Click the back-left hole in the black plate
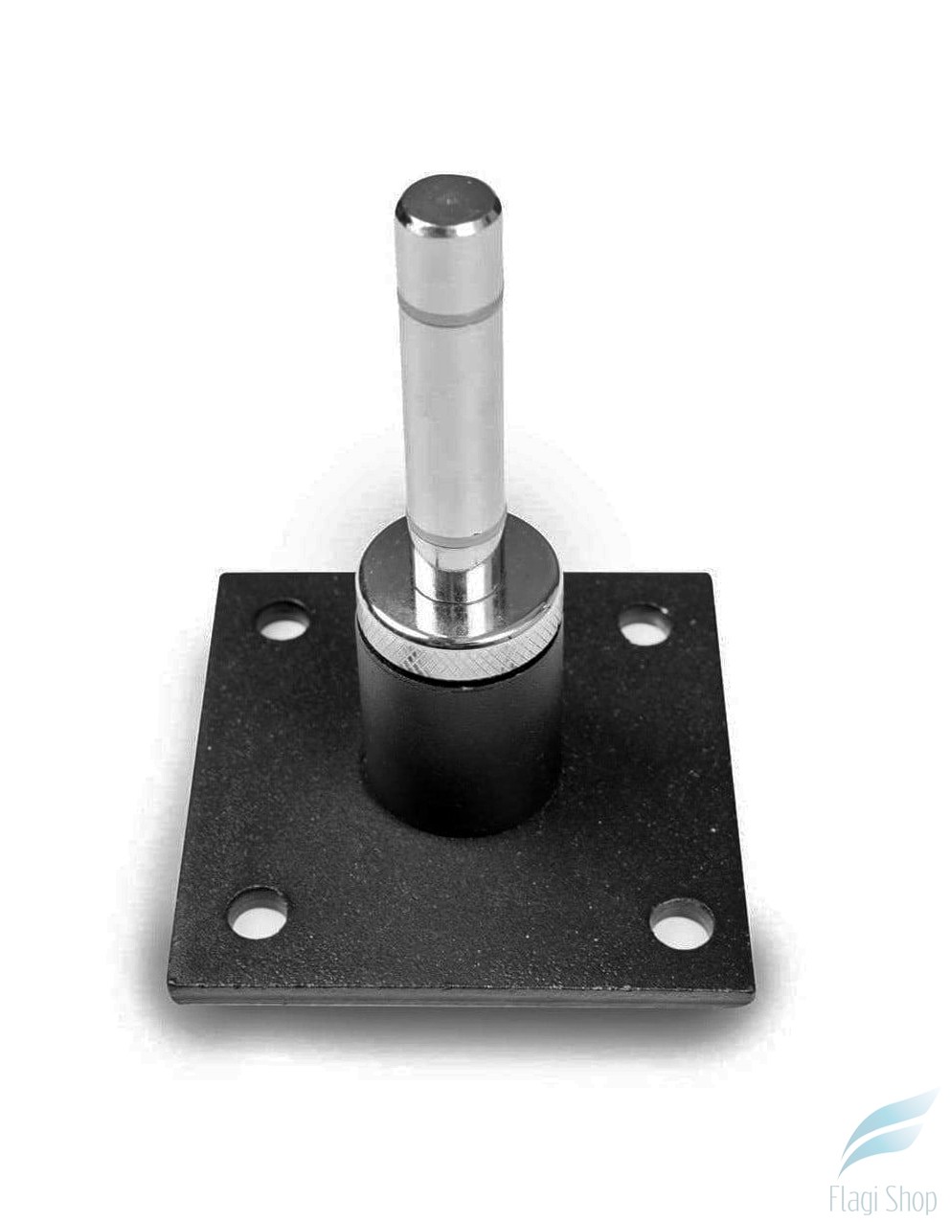click(x=283, y=621)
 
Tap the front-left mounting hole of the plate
click(x=260, y=913)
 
